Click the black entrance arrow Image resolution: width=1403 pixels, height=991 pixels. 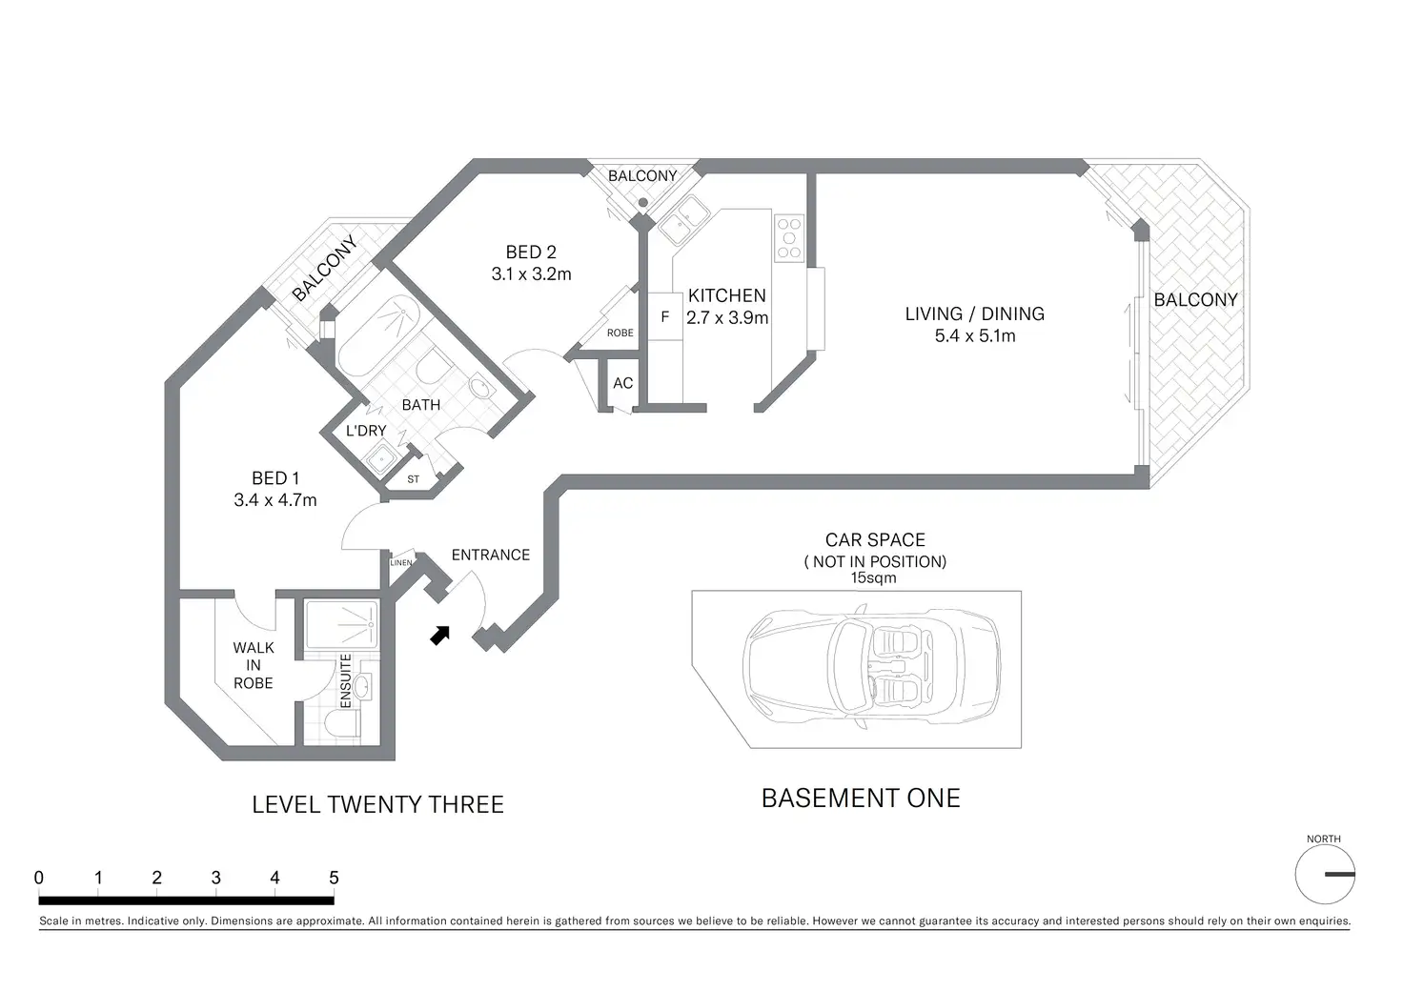click(439, 635)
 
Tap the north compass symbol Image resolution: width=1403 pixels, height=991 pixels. click(1324, 874)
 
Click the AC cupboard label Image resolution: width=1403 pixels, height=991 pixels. click(622, 383)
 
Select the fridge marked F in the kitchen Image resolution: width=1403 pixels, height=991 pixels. click(665, 317)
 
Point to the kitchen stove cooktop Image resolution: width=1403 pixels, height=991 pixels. click(789, 238)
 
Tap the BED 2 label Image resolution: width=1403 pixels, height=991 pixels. click(531, 252)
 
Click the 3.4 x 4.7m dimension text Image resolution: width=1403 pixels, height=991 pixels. click(275, 499)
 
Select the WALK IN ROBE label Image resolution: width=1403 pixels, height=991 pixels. click(253, 665)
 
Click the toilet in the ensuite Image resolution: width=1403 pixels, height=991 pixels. click(340, 725)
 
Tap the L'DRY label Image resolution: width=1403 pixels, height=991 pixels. click(366, 431)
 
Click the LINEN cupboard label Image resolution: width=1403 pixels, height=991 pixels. click(401, 562)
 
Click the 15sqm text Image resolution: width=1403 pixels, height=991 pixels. click(873, 577)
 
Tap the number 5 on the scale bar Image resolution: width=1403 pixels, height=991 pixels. click(334, 878)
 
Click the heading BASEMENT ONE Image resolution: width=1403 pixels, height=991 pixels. click(861, 799)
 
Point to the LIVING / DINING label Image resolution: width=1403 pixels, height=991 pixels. click(974, 313)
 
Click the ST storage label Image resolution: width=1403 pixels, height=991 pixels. click(413, 479)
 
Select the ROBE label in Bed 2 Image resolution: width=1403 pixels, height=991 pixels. click(620, 333)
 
